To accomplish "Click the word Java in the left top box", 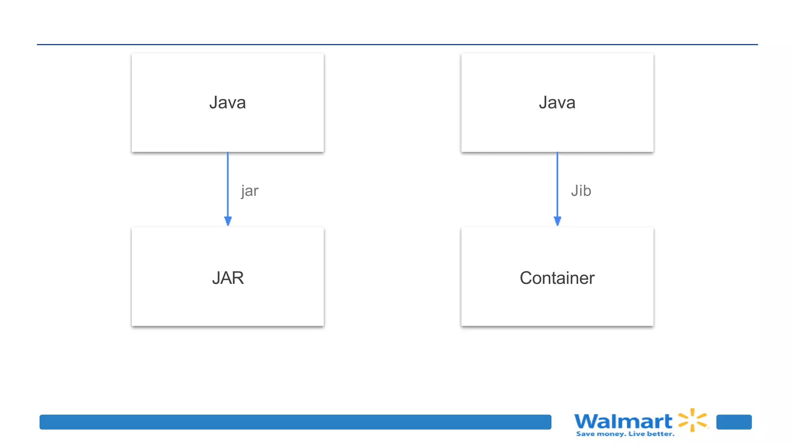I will point(227,103).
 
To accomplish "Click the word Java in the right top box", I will point(557,103).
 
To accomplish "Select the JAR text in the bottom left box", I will point(228,278).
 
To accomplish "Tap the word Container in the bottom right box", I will point(557,278).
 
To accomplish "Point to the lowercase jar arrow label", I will point(250,191).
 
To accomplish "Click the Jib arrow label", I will point(581,191).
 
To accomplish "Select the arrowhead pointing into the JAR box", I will point(228,221).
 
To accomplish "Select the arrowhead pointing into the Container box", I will point(557,221).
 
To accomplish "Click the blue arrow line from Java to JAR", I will point(228,182).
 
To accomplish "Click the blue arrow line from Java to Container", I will point(557,182).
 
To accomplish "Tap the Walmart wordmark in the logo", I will point(623,421).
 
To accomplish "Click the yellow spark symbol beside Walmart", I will point(693,420).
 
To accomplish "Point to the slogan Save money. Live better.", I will point(625,434).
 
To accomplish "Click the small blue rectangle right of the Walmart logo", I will point(734,422).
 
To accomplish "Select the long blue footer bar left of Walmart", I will point(295,422).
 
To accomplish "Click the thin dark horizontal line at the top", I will point(397,44).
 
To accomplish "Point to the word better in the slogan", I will point(660,434).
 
